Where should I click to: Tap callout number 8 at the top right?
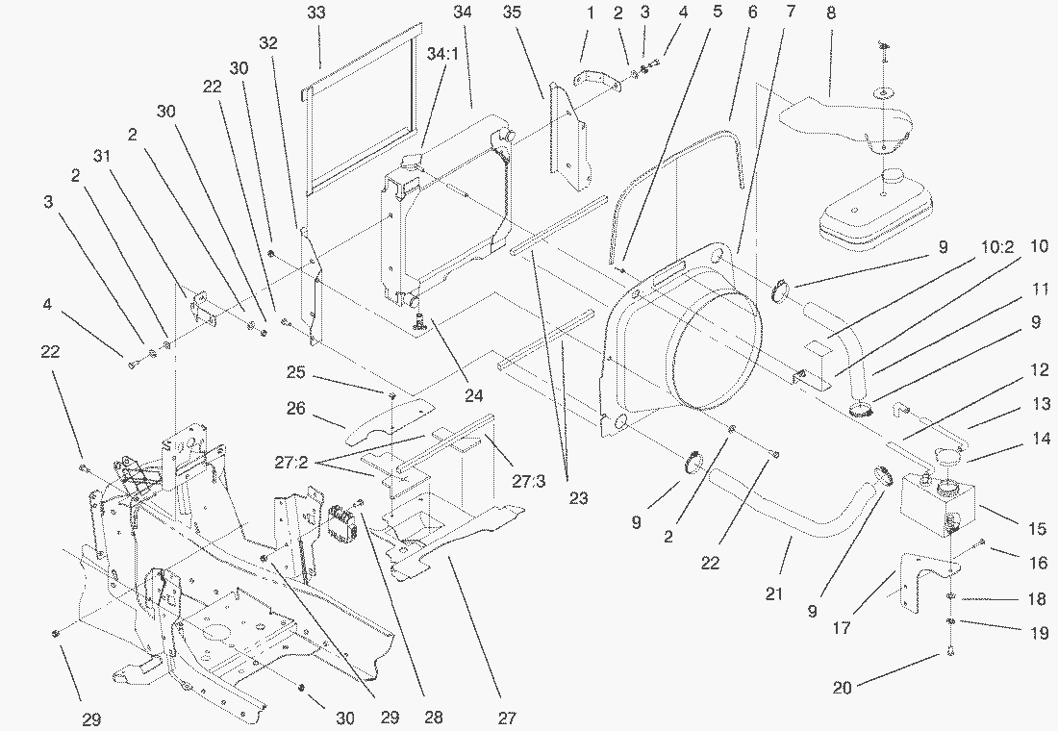point(830,13)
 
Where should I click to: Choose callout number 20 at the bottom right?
point(844,687)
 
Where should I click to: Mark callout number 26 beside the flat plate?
point(295,409)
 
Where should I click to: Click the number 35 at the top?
point(512,13)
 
